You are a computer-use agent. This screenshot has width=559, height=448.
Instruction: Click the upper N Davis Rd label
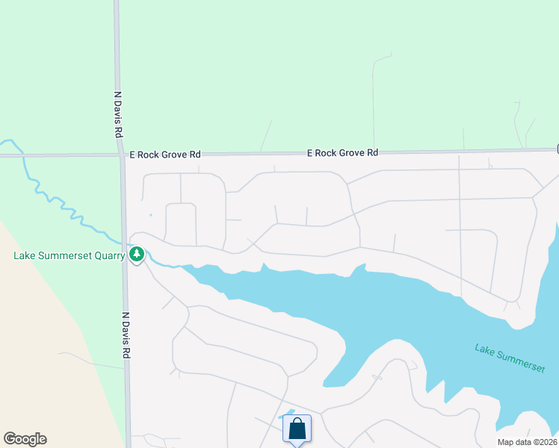coord(118,114)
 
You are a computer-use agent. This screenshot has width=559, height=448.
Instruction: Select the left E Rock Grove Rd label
coord(165,155)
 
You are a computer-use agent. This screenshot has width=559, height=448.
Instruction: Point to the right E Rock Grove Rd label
coord(343,152)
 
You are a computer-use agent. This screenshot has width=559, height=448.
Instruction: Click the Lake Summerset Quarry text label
coord(69,256)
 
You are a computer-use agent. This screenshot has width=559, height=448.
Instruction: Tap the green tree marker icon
coord(136,255)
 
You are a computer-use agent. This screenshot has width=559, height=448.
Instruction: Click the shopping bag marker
coord(297,429)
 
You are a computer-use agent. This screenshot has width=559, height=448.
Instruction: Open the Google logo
coord(25,439)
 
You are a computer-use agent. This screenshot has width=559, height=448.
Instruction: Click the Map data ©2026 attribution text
coord(527,442)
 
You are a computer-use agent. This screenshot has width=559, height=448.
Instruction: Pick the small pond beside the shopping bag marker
coord(288,413)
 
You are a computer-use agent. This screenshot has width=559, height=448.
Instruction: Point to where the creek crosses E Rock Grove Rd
coord(23,156)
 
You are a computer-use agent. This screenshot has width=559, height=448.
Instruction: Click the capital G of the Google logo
coord(9,439)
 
